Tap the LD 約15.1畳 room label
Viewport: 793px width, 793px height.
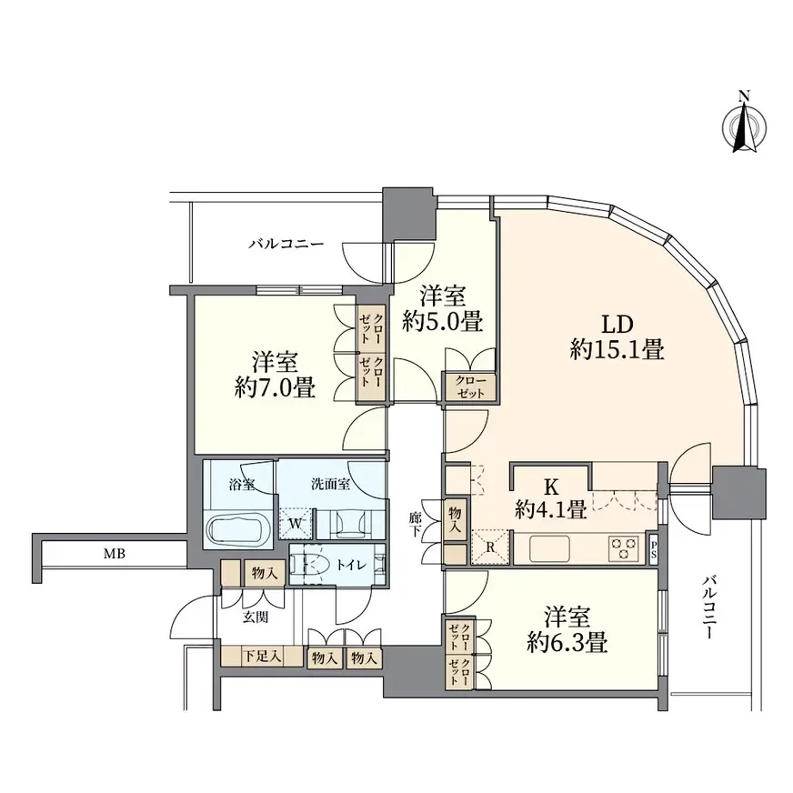click(617, 336)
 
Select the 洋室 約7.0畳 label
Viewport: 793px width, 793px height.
click(276, 375)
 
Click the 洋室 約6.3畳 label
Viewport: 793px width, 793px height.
click(567, 629)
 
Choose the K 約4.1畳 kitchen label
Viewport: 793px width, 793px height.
click(551, 498)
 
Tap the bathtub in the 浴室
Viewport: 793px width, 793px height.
click(236, 529)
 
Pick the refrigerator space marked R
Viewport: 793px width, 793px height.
click(489, 547)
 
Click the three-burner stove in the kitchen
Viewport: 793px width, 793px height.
click(624, 548)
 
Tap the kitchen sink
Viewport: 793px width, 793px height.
click(550, 548)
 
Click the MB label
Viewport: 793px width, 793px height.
click(115, 554)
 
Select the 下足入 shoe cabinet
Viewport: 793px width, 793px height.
click(262, 657)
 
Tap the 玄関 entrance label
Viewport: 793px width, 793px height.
click(256, 617)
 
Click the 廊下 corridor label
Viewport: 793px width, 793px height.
click(416, 526)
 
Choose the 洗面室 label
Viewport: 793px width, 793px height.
click(330, 484)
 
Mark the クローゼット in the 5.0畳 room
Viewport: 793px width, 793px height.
click(470, 386)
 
